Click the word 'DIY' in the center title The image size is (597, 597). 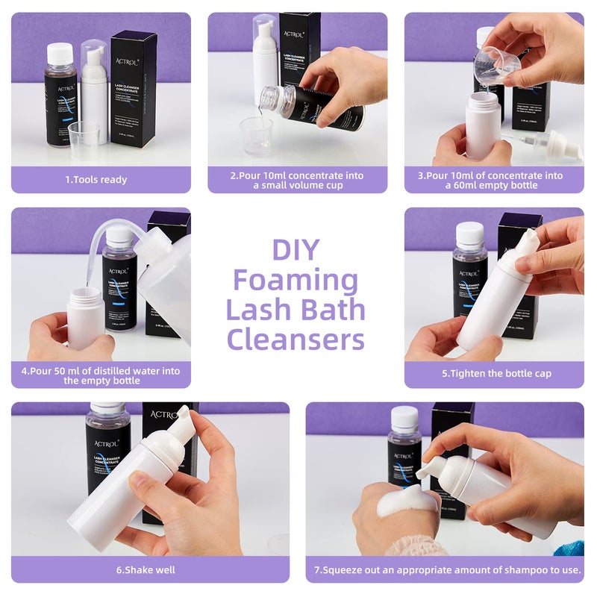[296, 249]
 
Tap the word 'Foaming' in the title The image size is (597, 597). [296, 281]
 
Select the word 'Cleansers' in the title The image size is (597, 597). [296, 339]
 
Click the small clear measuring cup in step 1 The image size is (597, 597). [84, 136]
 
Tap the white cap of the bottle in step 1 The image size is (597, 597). [60, 53]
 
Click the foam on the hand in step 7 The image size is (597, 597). [406, 501]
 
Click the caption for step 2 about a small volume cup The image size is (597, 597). [297, 180]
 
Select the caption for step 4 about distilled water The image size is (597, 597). [101, 375]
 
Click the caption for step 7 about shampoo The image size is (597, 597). [447, 569]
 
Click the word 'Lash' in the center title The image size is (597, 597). [255, 310]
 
